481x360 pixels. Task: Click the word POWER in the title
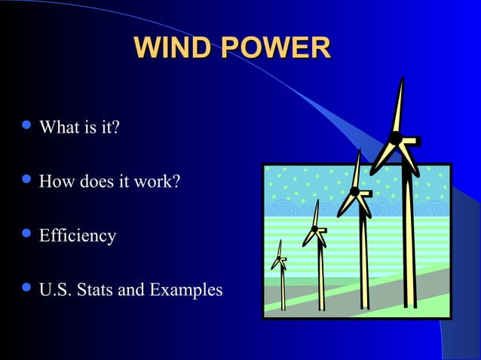[276, 48]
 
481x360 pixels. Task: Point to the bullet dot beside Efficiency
[28, 235]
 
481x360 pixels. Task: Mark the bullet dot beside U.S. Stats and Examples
[28, 288]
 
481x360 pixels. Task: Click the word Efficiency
[78, 236]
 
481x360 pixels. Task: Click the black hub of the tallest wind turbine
[394, 138]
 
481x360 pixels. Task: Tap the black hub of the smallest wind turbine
[280, 259]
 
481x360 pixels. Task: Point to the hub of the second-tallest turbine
[354, 191]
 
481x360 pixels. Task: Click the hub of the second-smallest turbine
[314, 229]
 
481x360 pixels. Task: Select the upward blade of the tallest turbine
[399, 105]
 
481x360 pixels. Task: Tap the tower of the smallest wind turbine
[283, 290]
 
